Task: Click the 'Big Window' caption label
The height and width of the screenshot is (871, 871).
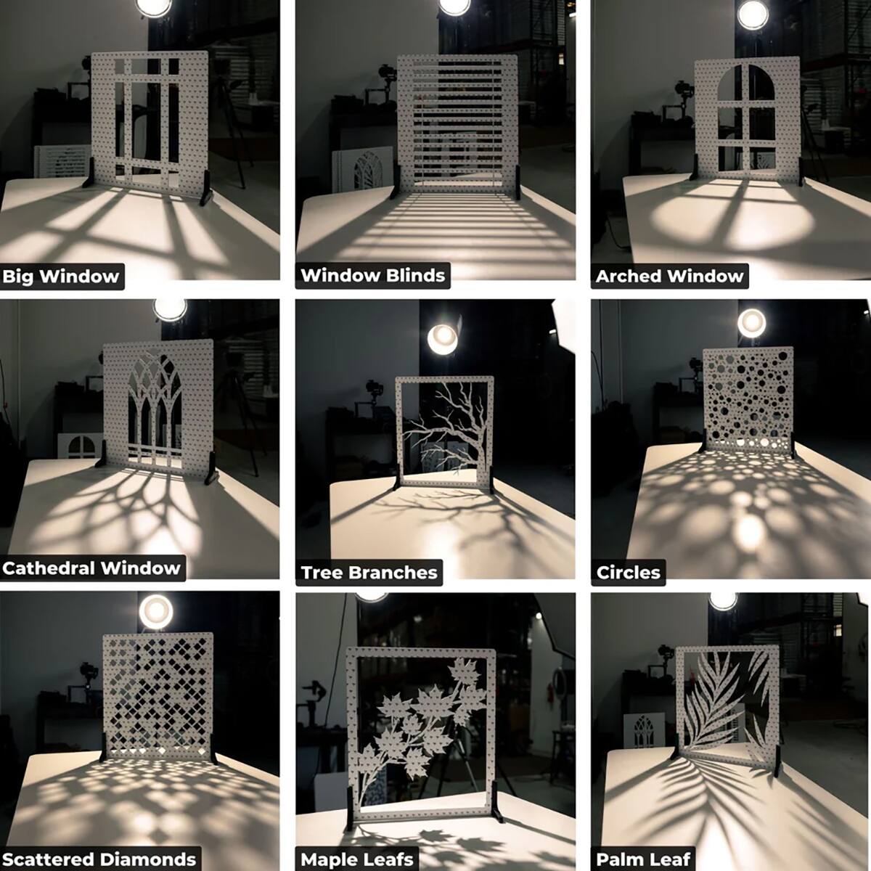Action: (61, 276)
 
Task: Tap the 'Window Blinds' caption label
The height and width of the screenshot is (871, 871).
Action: (373, 275)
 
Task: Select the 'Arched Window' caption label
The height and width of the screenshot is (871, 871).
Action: (669, 276)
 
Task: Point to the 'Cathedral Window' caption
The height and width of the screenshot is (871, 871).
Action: (91, 568)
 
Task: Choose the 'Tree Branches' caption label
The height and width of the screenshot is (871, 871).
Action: (369, 572)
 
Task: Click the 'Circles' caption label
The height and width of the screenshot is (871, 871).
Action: (629, 572)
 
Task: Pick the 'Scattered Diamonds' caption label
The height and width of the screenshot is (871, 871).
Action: (99, 859)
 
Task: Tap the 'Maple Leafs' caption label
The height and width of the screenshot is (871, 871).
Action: (357, 859)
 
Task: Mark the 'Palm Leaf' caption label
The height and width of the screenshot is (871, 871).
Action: (643, 859)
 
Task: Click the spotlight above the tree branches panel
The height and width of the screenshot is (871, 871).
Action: (443, 338)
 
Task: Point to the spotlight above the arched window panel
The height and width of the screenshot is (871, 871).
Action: (753, 15)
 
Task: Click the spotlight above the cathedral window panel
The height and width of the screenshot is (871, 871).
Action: (170, 309)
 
